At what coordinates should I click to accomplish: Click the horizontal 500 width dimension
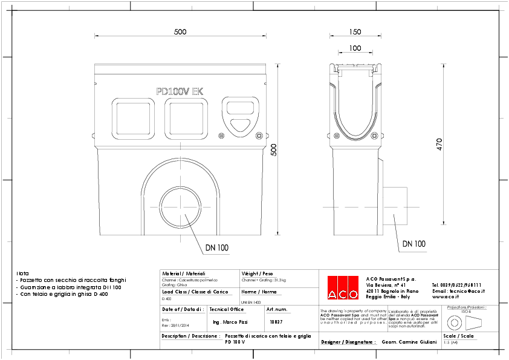click(x=180, y=32)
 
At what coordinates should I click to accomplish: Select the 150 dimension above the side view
click(x=355, y=32)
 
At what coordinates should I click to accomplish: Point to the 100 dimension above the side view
click(x=355, y=48)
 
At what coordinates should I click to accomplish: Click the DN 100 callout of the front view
click(x=216, y=247)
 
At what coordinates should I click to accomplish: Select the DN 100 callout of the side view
click(x=413, y=244)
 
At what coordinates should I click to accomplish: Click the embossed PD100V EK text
click(x=180, y=92)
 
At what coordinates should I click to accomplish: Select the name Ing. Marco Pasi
click(x=230, y=322)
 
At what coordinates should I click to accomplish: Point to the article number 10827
click(x=276, y=322)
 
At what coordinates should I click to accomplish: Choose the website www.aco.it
click(x=456, y=297)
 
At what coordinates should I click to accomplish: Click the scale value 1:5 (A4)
click(x=451, y=342)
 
